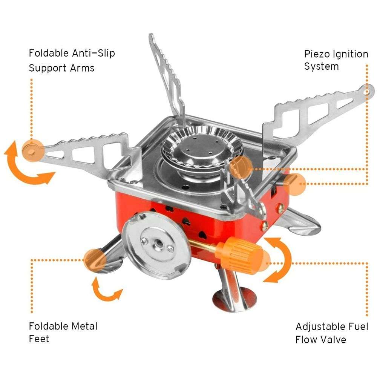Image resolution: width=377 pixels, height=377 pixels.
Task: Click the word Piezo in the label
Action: (317, 54)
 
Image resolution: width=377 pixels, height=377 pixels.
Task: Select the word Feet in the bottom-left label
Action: (39, 338)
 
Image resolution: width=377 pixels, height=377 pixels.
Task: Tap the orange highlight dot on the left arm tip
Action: (31, 150)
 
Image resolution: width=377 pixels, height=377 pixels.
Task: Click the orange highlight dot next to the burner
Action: (241, 167)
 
